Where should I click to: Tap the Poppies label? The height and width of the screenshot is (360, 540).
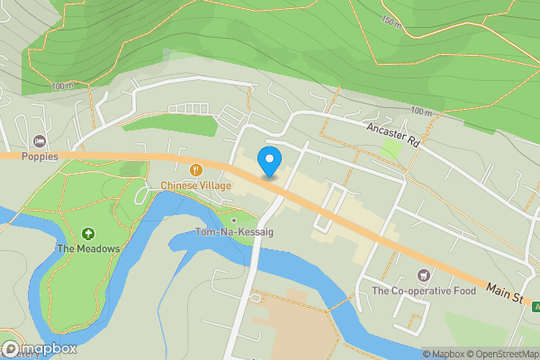40,157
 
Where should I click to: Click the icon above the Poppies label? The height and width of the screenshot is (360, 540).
39,141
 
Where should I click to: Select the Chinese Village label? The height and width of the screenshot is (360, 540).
196,185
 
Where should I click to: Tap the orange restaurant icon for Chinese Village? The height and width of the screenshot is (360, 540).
195,169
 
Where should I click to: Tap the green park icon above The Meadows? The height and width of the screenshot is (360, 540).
87,233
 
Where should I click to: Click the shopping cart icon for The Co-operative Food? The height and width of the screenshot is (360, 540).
423,274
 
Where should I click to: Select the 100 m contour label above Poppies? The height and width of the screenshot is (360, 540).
63,86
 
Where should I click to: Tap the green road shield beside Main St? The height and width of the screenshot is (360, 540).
536,307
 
